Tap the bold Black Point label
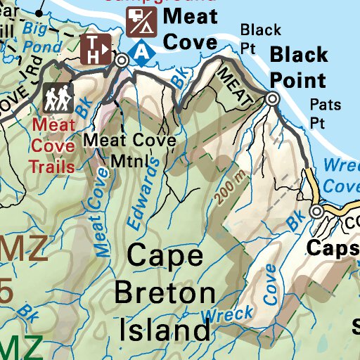298,67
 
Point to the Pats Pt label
326,112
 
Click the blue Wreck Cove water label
340,176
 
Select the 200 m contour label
224,188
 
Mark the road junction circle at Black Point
273,100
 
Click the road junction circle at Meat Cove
122,61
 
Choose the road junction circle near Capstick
318,211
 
